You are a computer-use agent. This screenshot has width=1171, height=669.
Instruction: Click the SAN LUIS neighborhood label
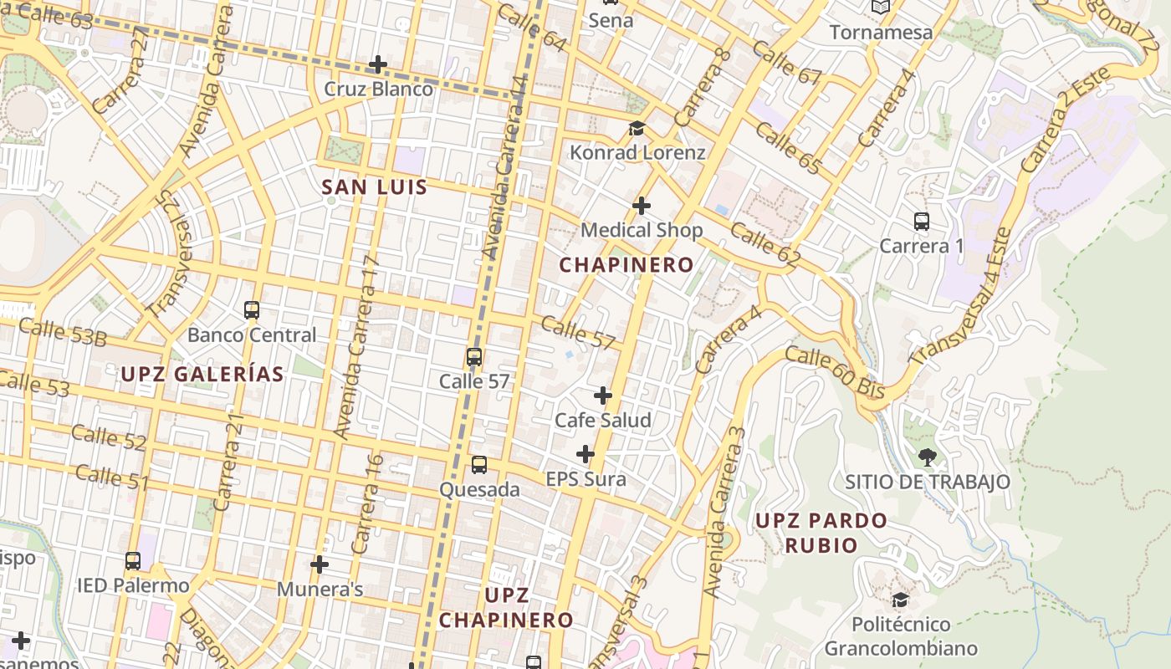pos(375,187)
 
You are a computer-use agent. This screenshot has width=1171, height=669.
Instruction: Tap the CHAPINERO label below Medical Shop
pos(626,265)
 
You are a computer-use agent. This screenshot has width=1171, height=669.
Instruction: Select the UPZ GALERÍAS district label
pos(202,374)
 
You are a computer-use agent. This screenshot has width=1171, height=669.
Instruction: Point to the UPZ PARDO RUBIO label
pos(821,533)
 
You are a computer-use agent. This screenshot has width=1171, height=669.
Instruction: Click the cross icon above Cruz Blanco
pos(378,64)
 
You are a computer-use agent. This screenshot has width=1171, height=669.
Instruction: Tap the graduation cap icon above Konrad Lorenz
pos(637,128)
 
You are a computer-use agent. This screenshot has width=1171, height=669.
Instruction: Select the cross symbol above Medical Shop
pos(642,205)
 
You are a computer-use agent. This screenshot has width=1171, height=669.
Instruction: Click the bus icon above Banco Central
pos(252,310)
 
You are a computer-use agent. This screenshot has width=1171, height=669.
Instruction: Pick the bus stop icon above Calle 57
pos(474,357)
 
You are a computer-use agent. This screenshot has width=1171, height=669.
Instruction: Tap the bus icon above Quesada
pos(479,465)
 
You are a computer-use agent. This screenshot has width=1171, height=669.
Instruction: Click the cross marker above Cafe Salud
pos(603,396)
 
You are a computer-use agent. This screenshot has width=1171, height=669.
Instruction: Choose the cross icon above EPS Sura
pos(585,454)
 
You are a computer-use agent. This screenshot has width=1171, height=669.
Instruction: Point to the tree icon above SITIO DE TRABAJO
pos(927,457)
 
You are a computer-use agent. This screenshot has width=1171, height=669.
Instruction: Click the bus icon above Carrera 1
pos(922,222)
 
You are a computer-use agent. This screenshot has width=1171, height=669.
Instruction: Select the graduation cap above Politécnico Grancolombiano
pos(901,600)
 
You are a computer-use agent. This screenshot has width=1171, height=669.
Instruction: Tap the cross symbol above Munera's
pos(320,564)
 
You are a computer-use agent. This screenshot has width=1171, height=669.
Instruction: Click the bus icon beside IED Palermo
pos(133,561)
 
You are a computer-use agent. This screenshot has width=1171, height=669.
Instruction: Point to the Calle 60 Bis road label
pos(835,372)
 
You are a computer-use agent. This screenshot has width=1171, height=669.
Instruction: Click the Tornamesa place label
pos(881,33)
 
